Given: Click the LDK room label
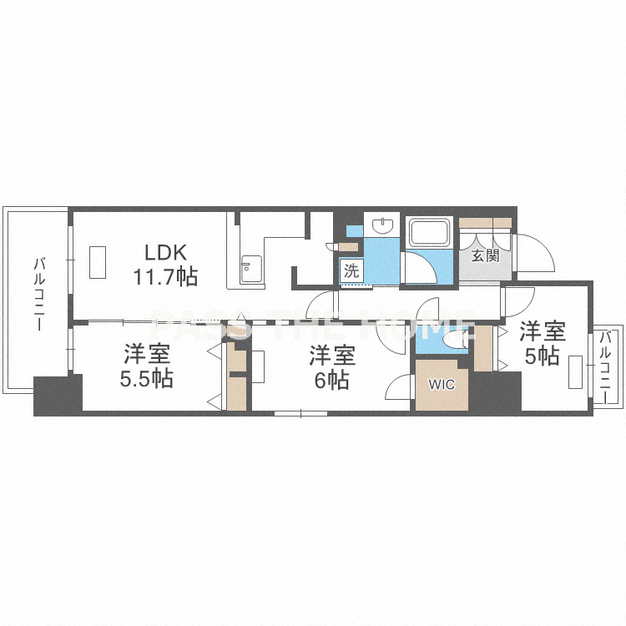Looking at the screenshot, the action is click(165, 252).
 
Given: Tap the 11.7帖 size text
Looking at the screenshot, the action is click(165, 276).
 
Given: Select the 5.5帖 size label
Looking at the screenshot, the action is click(147, 378).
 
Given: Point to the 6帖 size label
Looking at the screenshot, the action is click(331, 380).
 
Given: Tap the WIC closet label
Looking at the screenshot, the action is click(442, 385).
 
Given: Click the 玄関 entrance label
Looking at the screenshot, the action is click(486, 255).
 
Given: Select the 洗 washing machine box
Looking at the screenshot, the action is click(351, 271).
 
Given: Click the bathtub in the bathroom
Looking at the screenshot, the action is click(429, 232).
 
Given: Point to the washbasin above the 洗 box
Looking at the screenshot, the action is click(382, 225).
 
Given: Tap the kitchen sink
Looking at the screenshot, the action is click(251, 269).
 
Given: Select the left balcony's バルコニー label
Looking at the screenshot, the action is click(38, 295).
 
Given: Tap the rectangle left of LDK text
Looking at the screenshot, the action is click(98, 262).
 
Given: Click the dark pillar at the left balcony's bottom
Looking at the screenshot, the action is click(58, 396).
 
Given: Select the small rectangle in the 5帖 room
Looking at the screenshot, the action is click(575, 372).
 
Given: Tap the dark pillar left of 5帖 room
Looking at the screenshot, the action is click(495, 391).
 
